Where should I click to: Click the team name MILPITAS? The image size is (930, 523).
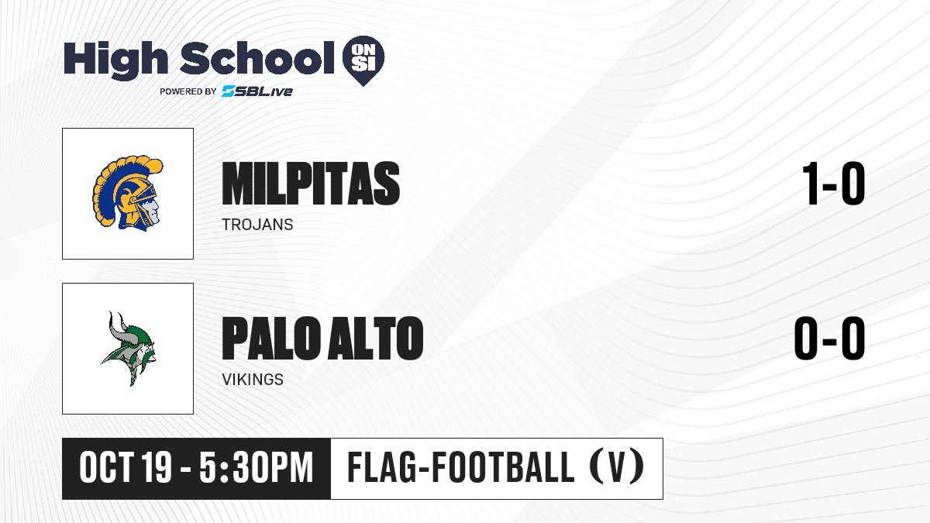tap(311, 183)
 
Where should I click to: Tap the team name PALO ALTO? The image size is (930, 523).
tap(322, 338)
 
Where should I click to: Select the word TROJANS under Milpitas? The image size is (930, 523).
tap(257, 225)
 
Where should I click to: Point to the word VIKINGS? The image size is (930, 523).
tap(253, 380)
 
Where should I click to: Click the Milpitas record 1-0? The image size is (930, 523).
tap(833, 183)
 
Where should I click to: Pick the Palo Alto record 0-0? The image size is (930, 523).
tap(829, 338)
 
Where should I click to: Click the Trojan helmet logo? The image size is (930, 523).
tap(127, 193)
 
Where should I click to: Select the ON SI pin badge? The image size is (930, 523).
tap(363, 60)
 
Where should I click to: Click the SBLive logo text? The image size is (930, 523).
tap(257, 91)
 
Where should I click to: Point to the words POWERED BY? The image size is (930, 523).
tap(188, 91)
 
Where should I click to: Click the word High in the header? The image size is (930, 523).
tap(115, 60)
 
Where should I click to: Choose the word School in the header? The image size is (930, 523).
tap(257, 57)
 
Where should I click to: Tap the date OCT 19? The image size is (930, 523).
tap(126, 467)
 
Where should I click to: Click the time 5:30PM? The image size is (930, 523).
tap(257, 467)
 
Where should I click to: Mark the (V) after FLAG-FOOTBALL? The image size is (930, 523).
tap(617, 467)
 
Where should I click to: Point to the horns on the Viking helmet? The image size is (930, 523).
tap(117, 325)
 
